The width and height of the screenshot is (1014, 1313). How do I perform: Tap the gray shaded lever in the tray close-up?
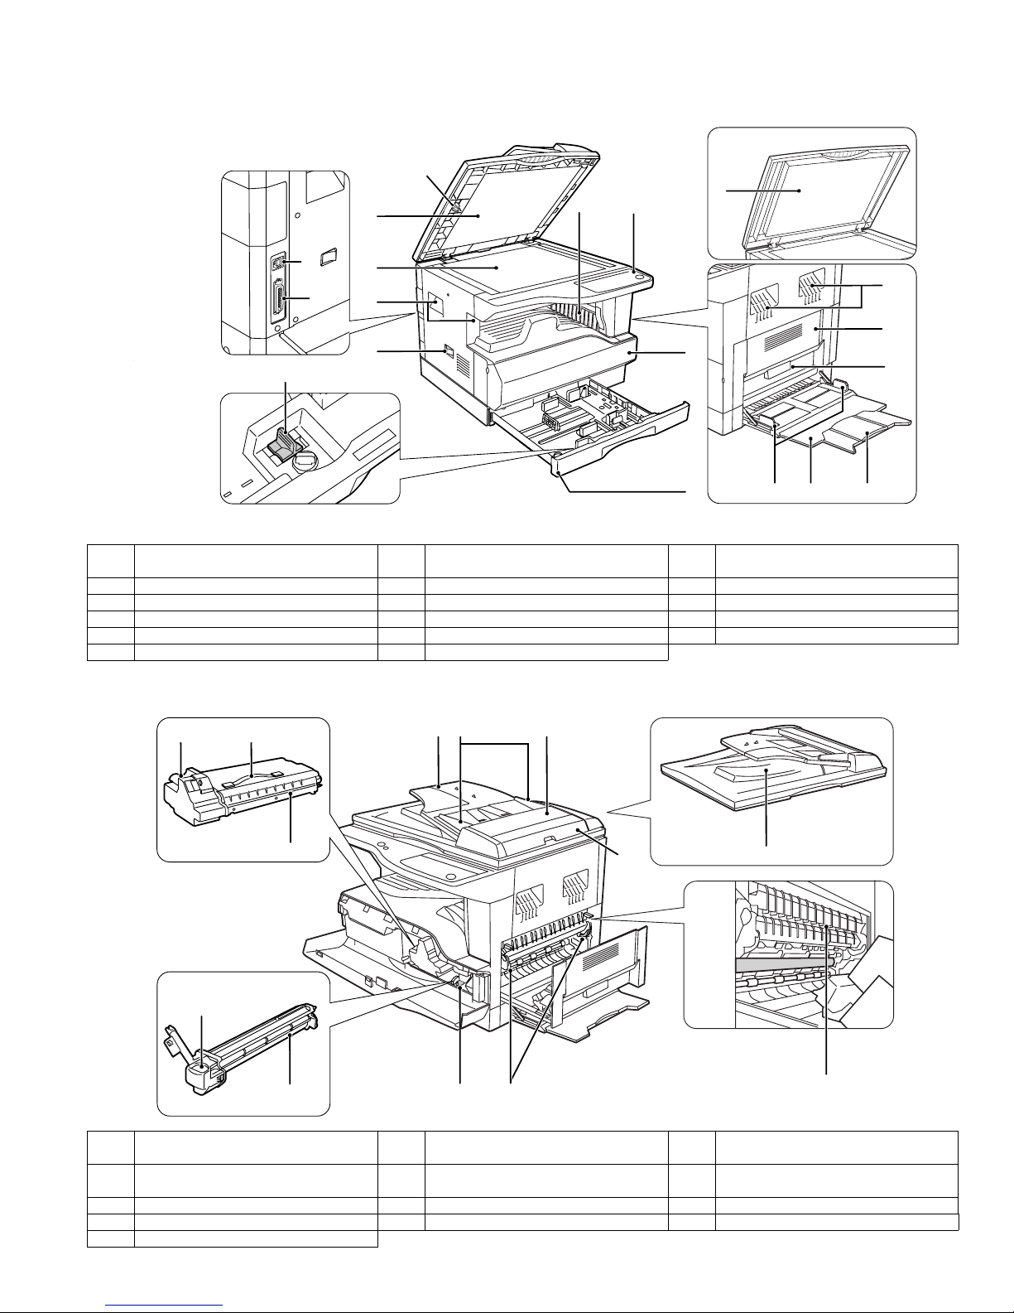tap(281, 447)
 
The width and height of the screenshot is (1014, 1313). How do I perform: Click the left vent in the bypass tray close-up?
tap(767, 303)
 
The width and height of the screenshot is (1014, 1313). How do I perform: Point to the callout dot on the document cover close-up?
tap(800, 190)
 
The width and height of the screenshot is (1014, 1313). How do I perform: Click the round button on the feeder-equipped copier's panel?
tap(451, 876)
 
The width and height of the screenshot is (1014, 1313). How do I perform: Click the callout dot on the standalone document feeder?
tap(767, 770)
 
